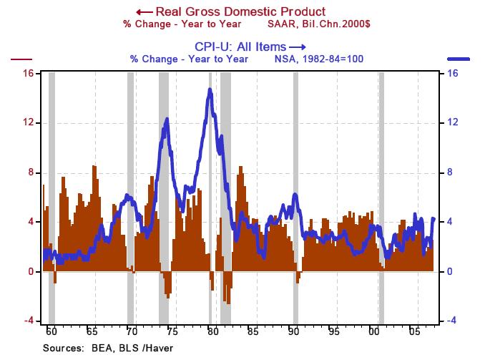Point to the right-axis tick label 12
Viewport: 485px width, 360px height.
point(453,122)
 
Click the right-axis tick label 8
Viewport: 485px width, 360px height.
point(453,172)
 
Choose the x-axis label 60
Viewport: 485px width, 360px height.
point(51,332)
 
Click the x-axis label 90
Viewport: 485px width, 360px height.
point(293,332)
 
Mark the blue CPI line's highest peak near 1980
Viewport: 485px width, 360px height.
point(210,89)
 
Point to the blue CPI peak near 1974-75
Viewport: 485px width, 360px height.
point(167,120)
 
